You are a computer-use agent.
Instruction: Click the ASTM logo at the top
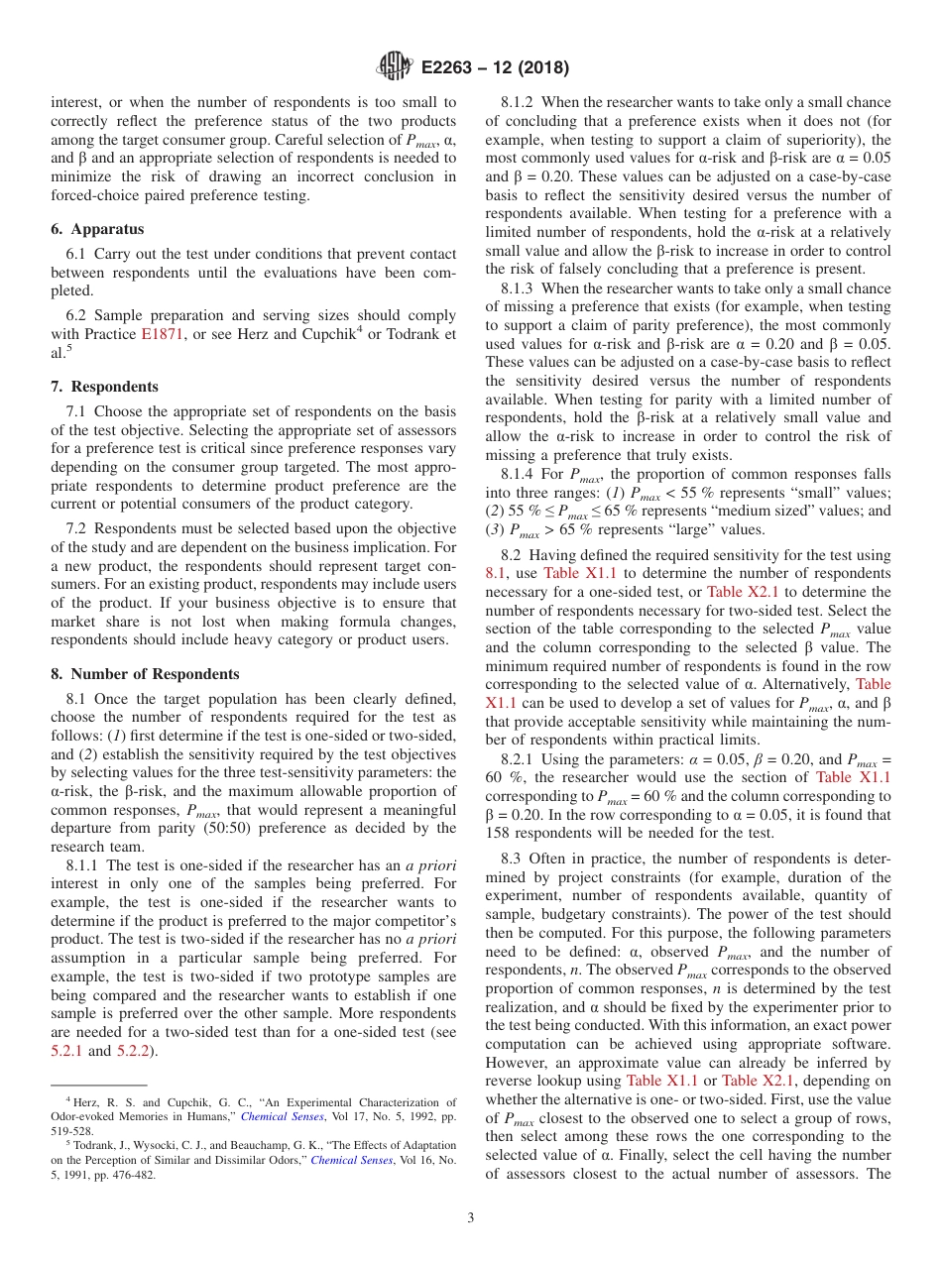pyautogui.click(x=395, y=68)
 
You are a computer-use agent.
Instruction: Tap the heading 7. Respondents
pyautogui.click(x=104, y=387)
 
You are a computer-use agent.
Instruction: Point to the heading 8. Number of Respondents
pyautogui.click(x=145, y=674)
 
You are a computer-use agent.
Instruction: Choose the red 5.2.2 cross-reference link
pyautogui.click(x=134, y=1050)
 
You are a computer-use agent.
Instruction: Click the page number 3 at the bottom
pyautogui.click(x=471, y=1218)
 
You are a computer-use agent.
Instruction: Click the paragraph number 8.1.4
pyautogui.click(x=519, y=474)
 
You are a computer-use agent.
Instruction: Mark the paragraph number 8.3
pyautogui.click(x=511, y=860)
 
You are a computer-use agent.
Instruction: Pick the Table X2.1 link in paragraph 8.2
pyautogui.click(x=744, y=592)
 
